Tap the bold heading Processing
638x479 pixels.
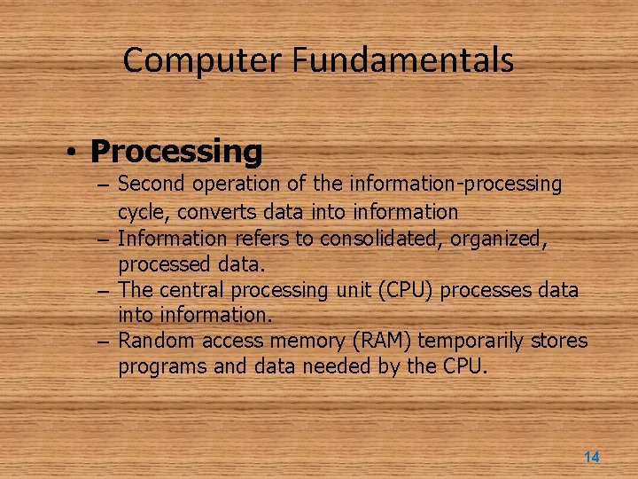[176, 152]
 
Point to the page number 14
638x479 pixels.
[591, 457]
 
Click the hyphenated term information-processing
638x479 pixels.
[455, 185]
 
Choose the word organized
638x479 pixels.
[502, 239]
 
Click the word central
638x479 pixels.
[192, 290]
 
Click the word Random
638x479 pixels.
[156, 341]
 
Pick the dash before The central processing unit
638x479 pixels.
[105, 291]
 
